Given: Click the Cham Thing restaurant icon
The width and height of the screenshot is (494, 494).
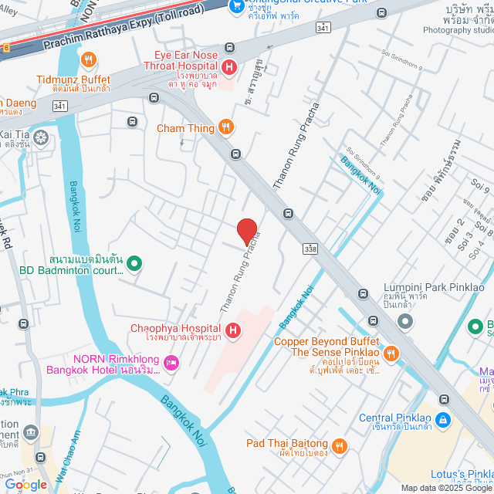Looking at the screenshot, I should point(225,127).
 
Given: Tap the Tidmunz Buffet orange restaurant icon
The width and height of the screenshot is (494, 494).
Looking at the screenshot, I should point(89,60).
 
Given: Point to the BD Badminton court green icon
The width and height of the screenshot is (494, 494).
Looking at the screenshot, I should point(134,264).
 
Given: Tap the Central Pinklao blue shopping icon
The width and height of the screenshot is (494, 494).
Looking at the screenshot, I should point(442,420).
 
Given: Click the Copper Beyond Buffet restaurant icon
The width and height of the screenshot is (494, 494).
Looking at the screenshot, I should point(392,353).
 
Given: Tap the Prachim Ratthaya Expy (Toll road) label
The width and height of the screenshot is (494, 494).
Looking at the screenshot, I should point(123,29).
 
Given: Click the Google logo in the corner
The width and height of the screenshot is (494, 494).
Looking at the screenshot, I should point(25,484).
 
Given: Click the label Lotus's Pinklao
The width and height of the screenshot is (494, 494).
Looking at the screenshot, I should point(462,473).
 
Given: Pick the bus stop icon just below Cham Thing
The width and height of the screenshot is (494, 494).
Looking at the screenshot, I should point(235,154).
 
